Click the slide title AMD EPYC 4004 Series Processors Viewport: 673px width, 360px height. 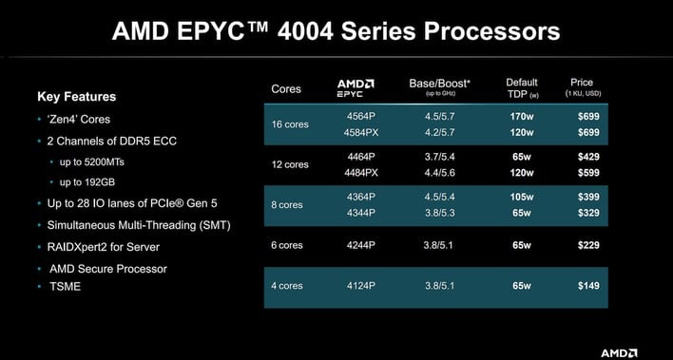tap(336, 31)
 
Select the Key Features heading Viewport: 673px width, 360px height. tap(76, 96)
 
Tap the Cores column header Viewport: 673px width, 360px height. tap(286, 89)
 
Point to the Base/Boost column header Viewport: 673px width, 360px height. tap(436, 86)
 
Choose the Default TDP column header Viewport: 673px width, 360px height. tap(522, 87)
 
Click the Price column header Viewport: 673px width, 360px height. tap(582, 87)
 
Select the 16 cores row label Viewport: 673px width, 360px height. tap(290, 124)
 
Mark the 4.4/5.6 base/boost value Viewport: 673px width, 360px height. tap(434, 172)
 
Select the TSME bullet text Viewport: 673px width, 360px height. tap(66, 287)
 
